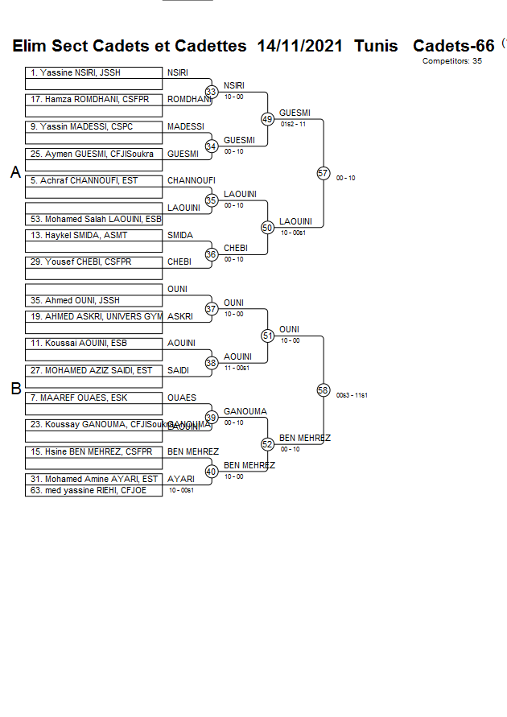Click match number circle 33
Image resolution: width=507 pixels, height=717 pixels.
click(x=212, y=92)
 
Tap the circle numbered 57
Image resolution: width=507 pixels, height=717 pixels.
click(x=324, y=173)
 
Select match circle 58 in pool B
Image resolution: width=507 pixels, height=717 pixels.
click(x=324, y=389)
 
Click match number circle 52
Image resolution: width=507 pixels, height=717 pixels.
click(x=268, y=443)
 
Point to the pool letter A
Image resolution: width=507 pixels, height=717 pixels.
click(x=15, y=172)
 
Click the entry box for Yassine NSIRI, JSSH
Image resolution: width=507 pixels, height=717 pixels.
click(x=93, y=73)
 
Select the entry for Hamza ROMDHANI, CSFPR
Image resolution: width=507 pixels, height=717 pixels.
click(x=93, y=100)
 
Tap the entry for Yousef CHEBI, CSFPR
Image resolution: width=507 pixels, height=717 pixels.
click(x=93, y=262)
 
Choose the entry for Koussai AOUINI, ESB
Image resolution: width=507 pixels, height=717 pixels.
click(x=93, y=344)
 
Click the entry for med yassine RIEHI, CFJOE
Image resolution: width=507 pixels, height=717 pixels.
click(x=93, y=490)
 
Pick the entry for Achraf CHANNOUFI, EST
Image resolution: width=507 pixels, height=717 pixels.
click(x=93, y=181)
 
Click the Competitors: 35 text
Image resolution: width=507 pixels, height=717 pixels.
click(x=451, y=61)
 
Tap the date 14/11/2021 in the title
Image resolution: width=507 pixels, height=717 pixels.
click(x=300, y=46)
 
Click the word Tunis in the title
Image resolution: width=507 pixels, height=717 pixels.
click(x=376, y=46)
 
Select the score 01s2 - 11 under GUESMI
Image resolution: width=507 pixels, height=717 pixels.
click(x=293, y=124)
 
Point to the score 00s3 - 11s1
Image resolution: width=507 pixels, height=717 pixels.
click(x=352, y=395)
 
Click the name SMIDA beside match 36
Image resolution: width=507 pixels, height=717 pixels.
click(x=180, y=236)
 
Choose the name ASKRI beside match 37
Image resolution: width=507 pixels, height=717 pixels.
click(x=180, y=317)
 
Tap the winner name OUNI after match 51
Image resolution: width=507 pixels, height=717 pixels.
click(x=289, y=329)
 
